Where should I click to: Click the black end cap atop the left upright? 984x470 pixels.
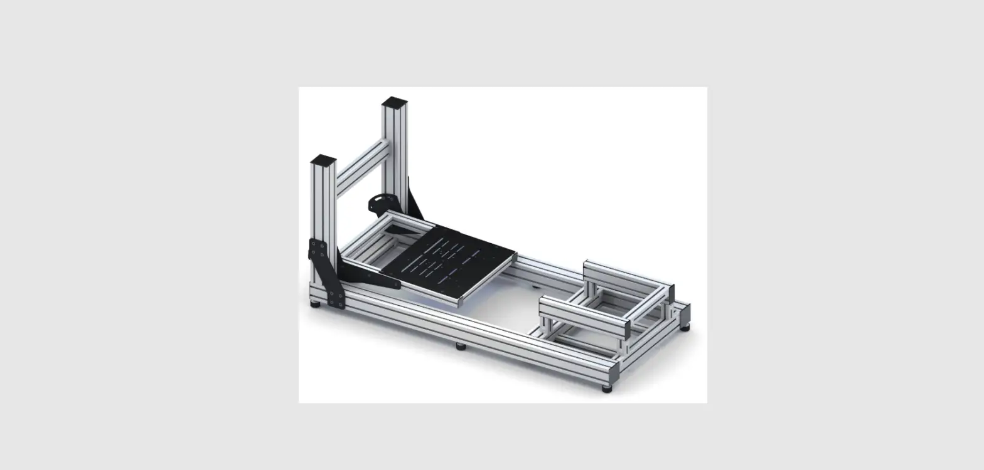[323, 160]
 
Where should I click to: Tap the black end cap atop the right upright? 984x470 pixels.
[394, 102]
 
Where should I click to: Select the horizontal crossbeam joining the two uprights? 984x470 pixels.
[362, 167]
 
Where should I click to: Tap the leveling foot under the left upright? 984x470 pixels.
[315, 304]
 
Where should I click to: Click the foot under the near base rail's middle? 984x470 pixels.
[461, 345]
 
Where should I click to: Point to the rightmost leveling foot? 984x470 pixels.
[685, 327]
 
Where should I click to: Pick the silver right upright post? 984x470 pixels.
[395, 157]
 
